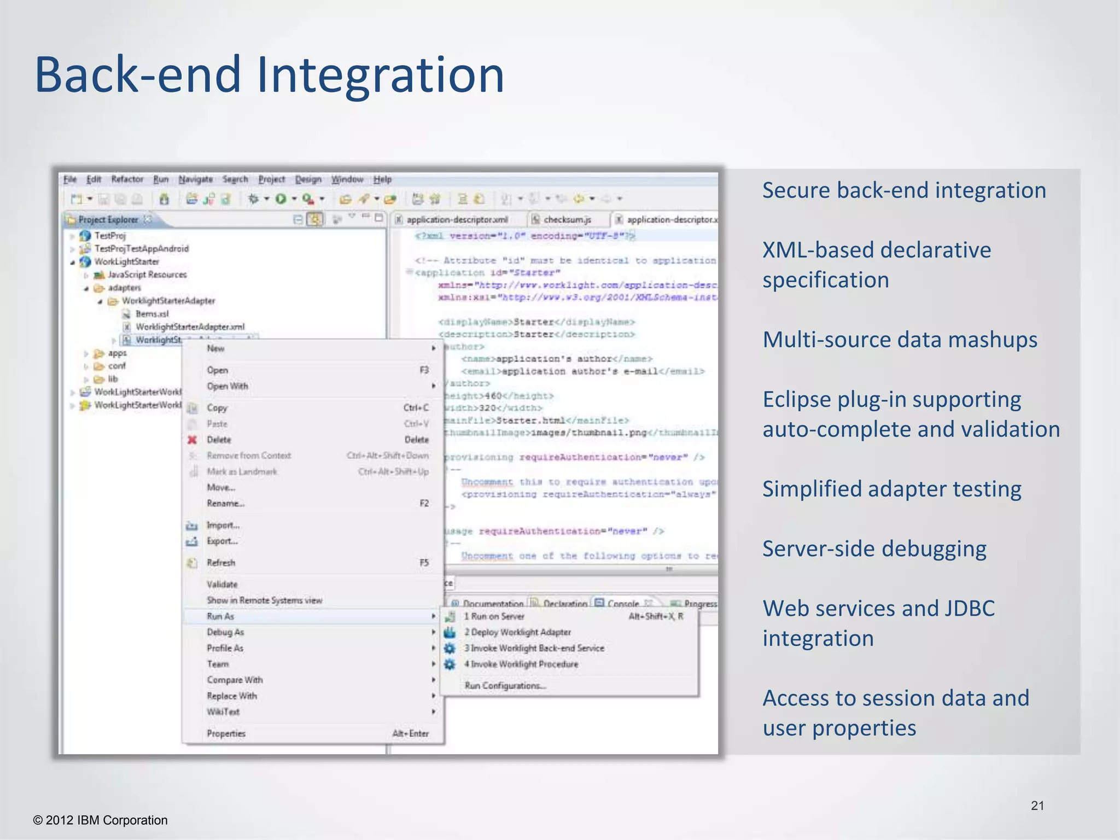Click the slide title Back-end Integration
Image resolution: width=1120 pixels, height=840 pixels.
pos(269,75)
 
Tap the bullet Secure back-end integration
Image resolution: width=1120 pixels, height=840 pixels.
pos(903,190)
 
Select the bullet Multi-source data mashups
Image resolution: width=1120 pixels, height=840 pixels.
pos(900,340)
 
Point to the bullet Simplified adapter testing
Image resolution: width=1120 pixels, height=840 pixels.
pos(891,489)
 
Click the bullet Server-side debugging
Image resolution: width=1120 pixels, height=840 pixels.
pos(874,549)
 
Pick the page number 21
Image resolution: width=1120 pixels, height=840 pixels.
pos(1037,806)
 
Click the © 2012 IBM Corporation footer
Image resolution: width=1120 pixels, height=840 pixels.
pos(101,820)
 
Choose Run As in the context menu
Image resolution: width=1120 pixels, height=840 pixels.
pos(220,616)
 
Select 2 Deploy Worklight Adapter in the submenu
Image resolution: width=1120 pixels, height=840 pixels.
pos(517,632)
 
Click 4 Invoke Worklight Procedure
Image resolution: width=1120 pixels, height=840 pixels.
pos(521,664)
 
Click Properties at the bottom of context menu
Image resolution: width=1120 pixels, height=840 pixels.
pos(226,734)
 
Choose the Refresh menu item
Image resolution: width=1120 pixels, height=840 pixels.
pos(221,563)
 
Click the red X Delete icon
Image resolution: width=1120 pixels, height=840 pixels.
pos(192,440)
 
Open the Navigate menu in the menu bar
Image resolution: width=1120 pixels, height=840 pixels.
pos(195,179)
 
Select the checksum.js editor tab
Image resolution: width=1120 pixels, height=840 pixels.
pos(567,220)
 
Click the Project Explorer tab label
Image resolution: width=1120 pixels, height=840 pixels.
pos(108,220)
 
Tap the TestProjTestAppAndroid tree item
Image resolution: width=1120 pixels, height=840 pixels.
pos(142,249)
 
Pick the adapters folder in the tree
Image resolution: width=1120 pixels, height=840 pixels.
pos(124,288)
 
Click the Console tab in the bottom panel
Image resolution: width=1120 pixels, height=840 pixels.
pos(623,604)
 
